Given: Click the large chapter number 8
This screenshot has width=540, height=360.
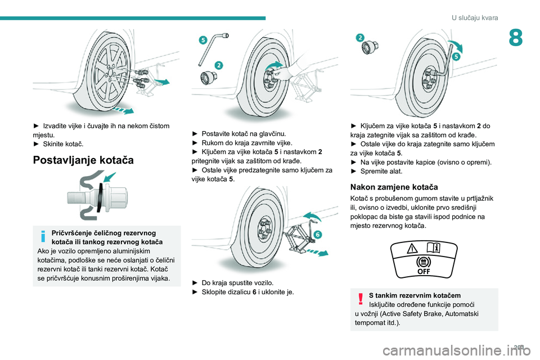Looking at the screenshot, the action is [x=516, y=38].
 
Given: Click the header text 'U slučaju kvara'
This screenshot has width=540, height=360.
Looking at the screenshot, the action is [x=475, y=17].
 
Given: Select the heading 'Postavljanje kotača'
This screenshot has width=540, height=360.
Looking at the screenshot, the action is [x=83, y=160].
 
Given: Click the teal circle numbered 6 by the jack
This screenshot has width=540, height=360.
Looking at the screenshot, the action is [x=317, y=235].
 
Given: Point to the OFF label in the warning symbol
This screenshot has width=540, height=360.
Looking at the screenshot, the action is [x=424, y=272].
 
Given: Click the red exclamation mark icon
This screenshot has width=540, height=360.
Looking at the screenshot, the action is [x=361, y=299].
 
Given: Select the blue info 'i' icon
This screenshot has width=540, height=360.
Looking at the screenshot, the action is [x=43, y=236].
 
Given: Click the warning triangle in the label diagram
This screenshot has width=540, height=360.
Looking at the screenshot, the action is [x=412, y=248].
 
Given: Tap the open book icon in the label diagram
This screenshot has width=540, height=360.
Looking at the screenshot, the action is [x=433, y=247].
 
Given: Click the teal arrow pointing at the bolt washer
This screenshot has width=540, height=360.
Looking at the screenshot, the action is [x=110, y=177].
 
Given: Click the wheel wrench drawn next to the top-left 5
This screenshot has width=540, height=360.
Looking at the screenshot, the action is [x=213, y=48].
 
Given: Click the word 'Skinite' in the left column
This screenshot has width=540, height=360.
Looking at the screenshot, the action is [x=53, y=144].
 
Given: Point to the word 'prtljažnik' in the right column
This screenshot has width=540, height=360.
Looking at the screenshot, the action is [x=480, y=199].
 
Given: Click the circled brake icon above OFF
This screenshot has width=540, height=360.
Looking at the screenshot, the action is [x=424, y=262].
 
